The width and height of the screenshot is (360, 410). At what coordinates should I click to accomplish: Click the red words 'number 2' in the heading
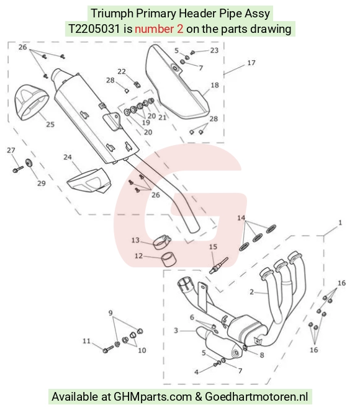click(159, 29)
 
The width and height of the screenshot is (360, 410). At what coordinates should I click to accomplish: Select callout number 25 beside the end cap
click(50, 124)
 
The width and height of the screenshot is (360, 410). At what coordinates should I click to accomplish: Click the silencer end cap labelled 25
click(31, 102)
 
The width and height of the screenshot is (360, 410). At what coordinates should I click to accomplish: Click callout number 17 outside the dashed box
click(251, 63)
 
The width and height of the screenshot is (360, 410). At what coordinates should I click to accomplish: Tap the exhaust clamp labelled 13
click(161, 242)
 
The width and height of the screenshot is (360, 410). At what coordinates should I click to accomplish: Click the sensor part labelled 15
click(218, 265)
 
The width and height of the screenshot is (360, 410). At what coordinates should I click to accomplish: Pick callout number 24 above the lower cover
click(68, 157)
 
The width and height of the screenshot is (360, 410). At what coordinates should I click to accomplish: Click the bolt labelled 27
click(18, 169)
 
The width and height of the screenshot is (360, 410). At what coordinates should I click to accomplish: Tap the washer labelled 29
click(29, 163)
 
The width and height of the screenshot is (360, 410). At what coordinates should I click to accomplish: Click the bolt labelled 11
click(108, 349)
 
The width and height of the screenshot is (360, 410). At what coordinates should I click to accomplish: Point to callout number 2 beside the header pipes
click(251, 292)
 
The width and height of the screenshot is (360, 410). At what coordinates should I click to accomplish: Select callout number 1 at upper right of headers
click(340, 223)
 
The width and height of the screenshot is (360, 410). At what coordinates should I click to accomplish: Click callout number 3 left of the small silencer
click(176, 331)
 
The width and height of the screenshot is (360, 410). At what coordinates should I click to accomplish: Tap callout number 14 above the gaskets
click(241, 218)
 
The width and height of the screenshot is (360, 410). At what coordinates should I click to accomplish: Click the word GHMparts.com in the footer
click(153, 397)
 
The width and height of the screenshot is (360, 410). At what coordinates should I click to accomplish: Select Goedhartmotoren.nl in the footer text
click(256, 397)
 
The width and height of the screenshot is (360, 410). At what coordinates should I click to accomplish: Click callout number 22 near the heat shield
click(122, 71)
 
